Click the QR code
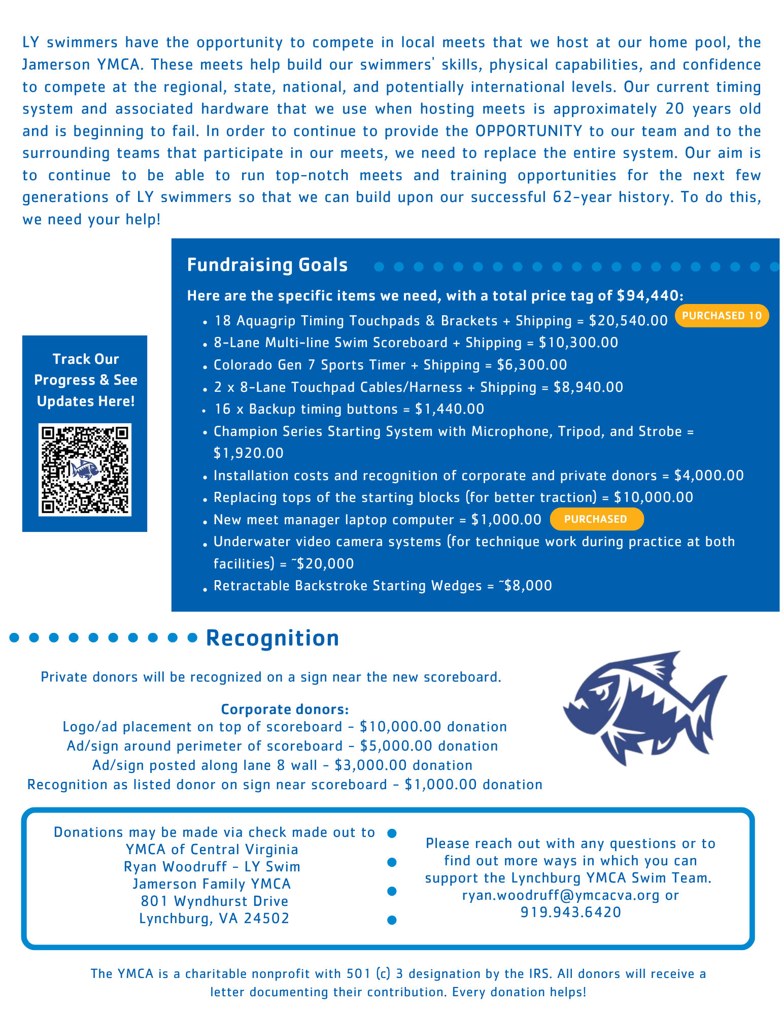[x=85, y=469]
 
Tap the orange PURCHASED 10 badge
[x=721, y=316]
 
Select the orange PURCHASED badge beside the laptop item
[x=596, y=519]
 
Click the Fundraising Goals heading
[x=267, y=265]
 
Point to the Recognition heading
[x=272, y=638]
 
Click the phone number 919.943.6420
[x=571, y=912]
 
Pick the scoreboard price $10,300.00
[x=578, y=343]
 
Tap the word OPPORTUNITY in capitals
[x=529, y=131]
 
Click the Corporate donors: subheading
[x=285, y=709]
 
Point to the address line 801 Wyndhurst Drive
[x=215, y=901]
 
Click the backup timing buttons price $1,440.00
[x=450, y=409]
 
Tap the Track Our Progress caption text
[x=86, y=380]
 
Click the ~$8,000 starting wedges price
[x=525, y=586]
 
